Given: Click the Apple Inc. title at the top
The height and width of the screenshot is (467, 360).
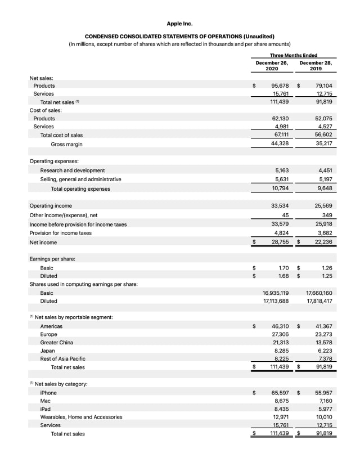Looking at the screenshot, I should (x=179, y=24).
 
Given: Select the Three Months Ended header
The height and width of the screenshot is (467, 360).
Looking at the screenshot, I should (x=293, y=55).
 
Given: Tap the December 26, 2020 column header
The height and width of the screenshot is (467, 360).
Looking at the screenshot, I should (x=272, y=66).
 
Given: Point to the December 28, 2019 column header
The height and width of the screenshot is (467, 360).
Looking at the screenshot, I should (x=316, y=66).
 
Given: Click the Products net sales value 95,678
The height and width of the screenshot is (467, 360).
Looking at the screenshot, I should (x=280, y=86).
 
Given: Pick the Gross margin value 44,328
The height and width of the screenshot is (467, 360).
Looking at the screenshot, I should (x=280, y=144).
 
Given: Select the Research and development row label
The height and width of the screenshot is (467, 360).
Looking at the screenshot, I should (x=72, y=170).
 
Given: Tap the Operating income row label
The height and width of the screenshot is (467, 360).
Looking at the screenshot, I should (x=51, y=206).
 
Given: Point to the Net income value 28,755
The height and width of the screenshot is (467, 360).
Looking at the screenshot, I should (x=280, y=242).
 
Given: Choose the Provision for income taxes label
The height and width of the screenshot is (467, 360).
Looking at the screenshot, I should (x=60, y=233).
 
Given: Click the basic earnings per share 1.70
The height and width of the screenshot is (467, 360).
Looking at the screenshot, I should (x=283, y=268).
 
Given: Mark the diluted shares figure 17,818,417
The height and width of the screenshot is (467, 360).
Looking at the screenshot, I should (x=319, y=302).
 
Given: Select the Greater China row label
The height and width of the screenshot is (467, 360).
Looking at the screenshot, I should (x=56, y=342).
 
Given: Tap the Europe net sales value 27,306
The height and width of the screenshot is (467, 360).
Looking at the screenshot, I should (x=280, y=334).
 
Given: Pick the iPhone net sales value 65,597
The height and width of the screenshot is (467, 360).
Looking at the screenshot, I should (x=280, y=393).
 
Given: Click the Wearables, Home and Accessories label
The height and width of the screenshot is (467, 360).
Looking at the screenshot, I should (x=81, y=417).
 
